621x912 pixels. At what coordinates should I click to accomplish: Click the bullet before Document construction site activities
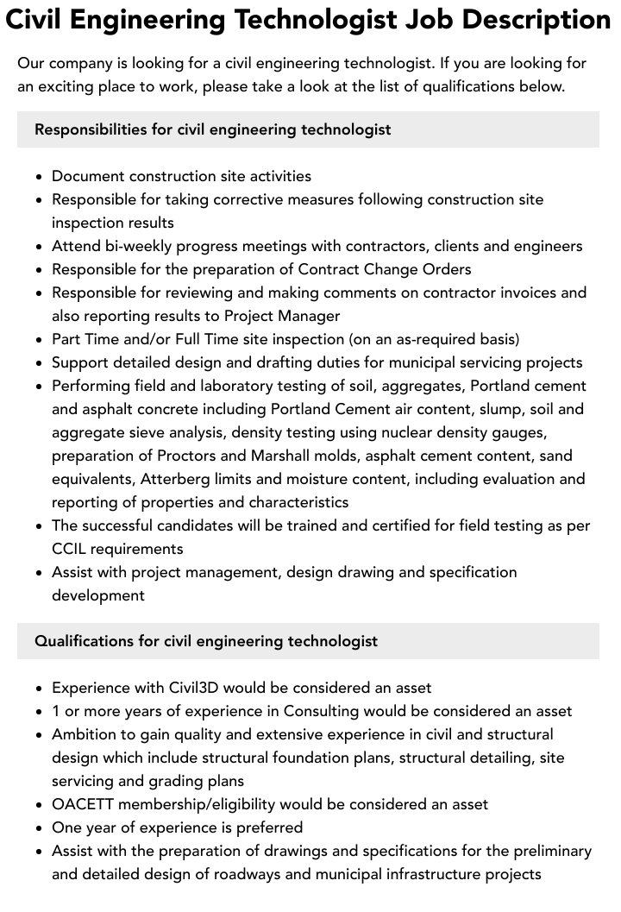[40, 177]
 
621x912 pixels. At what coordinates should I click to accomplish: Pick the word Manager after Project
[303, 316]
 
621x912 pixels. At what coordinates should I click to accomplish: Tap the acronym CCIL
[73, 549]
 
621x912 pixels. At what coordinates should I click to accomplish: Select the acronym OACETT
[85, 804]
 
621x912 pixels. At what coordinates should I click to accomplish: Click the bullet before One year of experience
[40, 828]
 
